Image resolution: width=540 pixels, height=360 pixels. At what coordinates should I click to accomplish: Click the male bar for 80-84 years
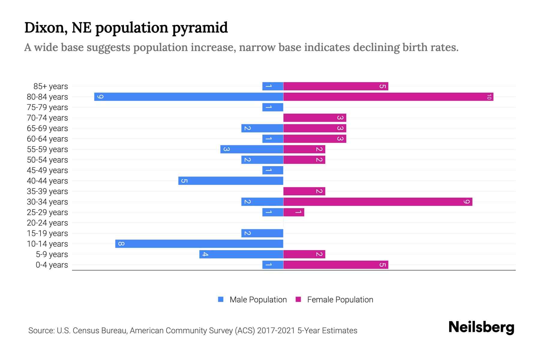(189, 97)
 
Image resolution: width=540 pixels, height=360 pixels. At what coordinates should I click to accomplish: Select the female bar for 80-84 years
(388, 97)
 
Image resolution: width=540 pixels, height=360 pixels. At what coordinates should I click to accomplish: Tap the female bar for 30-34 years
(378, 202)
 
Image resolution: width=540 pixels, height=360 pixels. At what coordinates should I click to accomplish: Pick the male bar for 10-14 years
(199, 244)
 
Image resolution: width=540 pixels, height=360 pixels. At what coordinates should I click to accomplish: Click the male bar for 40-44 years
(231, 181)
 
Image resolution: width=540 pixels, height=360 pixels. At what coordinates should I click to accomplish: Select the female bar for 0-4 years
(336, 265)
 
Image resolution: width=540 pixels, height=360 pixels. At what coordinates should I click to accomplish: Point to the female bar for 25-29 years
(294, 212)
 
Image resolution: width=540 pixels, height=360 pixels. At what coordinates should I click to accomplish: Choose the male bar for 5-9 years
(241, 254)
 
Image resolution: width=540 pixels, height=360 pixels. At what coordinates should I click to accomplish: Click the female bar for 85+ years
(336, 86)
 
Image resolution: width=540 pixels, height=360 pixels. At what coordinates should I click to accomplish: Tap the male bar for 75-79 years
(273, 107)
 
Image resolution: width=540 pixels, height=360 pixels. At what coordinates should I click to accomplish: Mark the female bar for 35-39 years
(304, 191)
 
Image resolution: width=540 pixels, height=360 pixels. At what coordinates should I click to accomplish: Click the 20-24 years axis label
(47, 223)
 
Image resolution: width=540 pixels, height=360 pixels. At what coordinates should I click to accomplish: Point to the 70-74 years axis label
(47, 118)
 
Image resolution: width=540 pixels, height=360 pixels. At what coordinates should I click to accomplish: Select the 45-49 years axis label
(47, 170)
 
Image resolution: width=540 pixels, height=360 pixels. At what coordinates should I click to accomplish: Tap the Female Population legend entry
(334, 300)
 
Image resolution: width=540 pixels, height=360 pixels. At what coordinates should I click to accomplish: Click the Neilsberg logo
(481, 327)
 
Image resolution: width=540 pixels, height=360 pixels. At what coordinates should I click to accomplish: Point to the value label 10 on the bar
(489, 97)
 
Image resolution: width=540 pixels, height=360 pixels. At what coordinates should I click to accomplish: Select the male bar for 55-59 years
(252, 149)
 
